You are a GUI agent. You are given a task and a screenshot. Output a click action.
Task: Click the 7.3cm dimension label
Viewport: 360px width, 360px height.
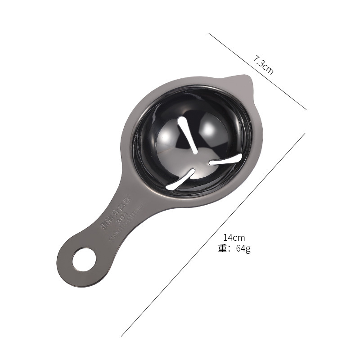coord(263,65)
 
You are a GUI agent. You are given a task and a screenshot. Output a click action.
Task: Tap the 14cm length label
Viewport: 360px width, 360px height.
coord(234,238)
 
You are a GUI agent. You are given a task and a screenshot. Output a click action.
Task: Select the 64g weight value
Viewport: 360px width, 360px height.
coord(243,248)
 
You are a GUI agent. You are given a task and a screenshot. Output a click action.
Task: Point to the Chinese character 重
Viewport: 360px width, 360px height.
coord(223,248)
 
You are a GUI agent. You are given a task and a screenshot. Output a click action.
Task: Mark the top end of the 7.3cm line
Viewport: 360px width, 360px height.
coord(209,33)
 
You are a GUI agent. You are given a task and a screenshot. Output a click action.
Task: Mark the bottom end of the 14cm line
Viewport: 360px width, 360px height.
coord(121,336)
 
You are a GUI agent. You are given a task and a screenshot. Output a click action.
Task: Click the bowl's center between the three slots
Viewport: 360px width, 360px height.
coord(198,157)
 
